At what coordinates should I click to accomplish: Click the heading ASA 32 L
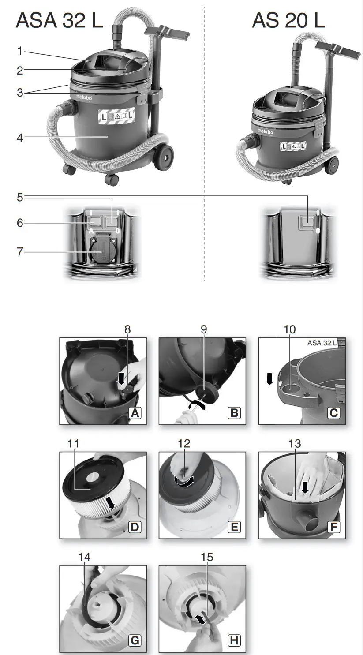(59, 21)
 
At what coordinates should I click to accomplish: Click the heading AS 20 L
(288, 21)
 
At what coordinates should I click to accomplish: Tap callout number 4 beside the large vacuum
(20, 138)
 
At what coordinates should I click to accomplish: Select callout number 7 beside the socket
(20, 252)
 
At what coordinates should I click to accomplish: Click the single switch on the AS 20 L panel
(306, 222)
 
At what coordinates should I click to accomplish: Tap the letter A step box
(135, 413)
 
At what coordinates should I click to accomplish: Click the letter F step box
(334, 527)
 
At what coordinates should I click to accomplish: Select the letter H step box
(234, 640)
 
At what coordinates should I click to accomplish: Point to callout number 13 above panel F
(295, 443)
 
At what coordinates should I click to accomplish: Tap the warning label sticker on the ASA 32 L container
(116, 117)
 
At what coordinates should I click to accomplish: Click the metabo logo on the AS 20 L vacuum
(266, 131)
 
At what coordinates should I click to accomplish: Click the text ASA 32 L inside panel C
(322, 343)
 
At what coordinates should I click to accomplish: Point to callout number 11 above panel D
(73, 443)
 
